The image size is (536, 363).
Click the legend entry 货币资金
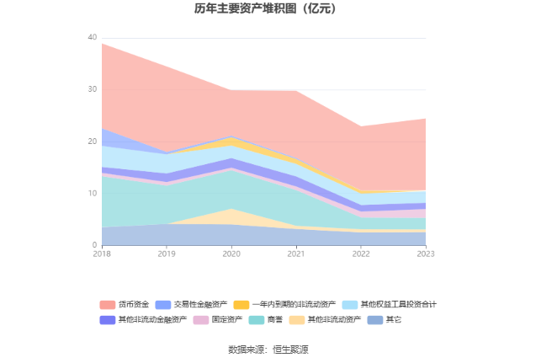(x=135, y=304)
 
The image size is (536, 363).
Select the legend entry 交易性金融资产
(x=200, y=304)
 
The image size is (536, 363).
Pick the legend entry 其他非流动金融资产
(x=152, y=320)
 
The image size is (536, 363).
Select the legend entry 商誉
(x=275, y=320)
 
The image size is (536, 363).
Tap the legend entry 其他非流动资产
(x=332, y=320)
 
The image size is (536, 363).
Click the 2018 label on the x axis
(x=102, y=254)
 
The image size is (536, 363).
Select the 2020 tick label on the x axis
(x=231, y=254)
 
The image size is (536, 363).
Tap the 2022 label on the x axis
(x=361, y=254)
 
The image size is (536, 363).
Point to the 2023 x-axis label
(x=426, y=254)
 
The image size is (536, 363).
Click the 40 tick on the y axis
(x=92, y=38)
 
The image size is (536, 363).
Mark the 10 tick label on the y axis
(x=92, y=194)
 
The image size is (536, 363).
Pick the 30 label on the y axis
(x=92, y=90)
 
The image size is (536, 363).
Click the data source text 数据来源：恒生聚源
(x=268, y=350)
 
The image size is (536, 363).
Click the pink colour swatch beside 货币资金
(x=108, y=304)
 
